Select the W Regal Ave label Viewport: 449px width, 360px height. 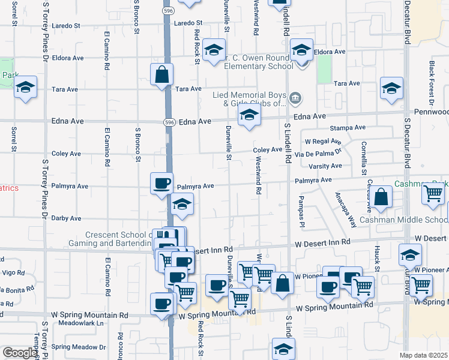[x=323, y=142]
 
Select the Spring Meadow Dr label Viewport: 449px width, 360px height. [x=78, y=347]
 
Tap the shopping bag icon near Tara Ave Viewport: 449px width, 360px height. [x=162, y=75]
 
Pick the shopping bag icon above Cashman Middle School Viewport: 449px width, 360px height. [x=381, y=196]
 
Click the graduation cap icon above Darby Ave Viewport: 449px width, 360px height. [x=182, y=205]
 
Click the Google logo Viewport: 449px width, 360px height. [x=20, y=353]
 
